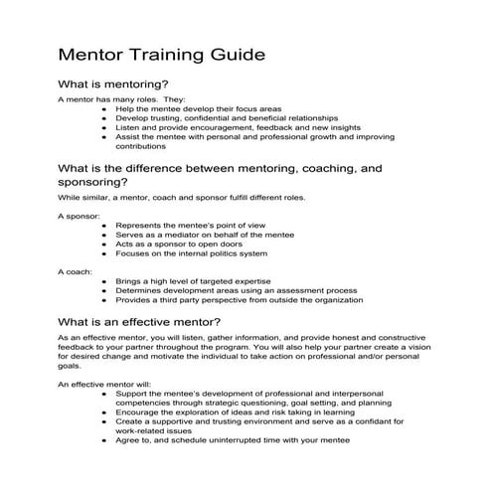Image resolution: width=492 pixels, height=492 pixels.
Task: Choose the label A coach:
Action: pyautogui.click(x=76, y=270)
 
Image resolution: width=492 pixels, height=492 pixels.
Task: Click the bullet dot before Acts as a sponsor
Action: pyautogui.click(x=104, y=244)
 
